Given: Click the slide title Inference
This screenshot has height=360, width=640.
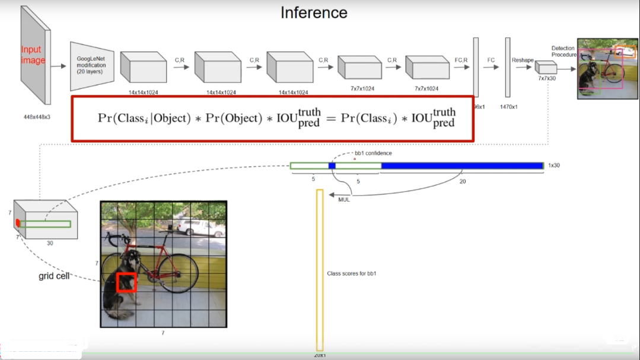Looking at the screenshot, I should pyautogui.click(x=314, y=12).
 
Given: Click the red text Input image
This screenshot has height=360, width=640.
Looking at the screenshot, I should pyautogui.click(x=33, y=55).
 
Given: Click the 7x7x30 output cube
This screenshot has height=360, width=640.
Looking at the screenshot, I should pyautogui.click(x=546, y=68).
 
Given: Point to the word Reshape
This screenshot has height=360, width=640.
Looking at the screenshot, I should pyautogui.click(x=523, y=60).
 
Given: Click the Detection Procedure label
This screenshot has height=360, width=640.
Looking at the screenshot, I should pyautogui.click(x=563, y=52).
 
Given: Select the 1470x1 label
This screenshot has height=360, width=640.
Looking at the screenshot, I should pyautogui.click(x=508, y=107).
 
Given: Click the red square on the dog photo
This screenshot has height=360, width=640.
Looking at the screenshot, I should pyautogui.click(x=126, y=283).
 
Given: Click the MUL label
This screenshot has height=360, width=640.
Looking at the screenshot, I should pyautogui.click(x=344, y=200).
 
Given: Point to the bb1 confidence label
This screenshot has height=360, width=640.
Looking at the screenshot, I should pyautogui.click(x=373, y=153).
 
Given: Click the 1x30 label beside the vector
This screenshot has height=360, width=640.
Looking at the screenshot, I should pyautogui.click(x=553, y=165).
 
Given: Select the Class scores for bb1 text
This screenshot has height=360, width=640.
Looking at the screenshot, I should pyautogui.click(x=352, y=273).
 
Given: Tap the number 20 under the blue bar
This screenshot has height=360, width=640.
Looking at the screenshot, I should pyautogui.click(x=463, y=182).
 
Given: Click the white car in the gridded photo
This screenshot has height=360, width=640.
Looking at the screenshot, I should pyautogui.click(x=193, y=227).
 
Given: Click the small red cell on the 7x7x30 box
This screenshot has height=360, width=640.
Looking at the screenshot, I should pyautogui.click(x=18, y=222).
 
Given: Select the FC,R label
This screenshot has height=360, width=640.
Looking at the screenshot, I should pyautogui.click(x=461, y=60).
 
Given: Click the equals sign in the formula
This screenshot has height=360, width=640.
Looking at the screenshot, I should pyautogui.click(x=330, y=118).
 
